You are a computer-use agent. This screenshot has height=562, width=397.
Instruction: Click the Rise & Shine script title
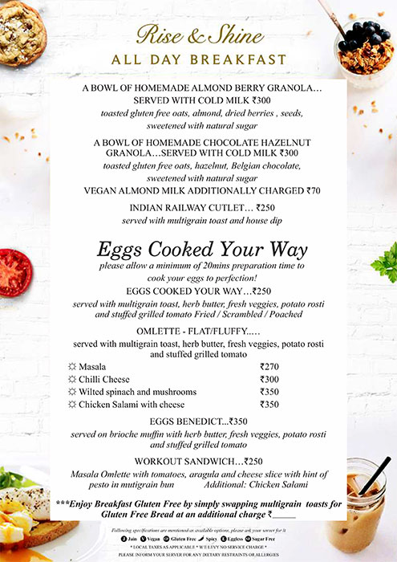point(200,35)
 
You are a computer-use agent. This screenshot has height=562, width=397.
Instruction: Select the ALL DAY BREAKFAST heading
point(200,59)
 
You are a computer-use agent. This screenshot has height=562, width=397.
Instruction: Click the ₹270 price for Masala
point(270,366)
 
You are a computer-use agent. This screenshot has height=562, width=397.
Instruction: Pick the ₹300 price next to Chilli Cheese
point(270,379)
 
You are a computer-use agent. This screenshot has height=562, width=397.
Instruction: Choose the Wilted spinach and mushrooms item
point(132,392)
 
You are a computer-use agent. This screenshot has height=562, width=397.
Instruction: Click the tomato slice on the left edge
point(14,271)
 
